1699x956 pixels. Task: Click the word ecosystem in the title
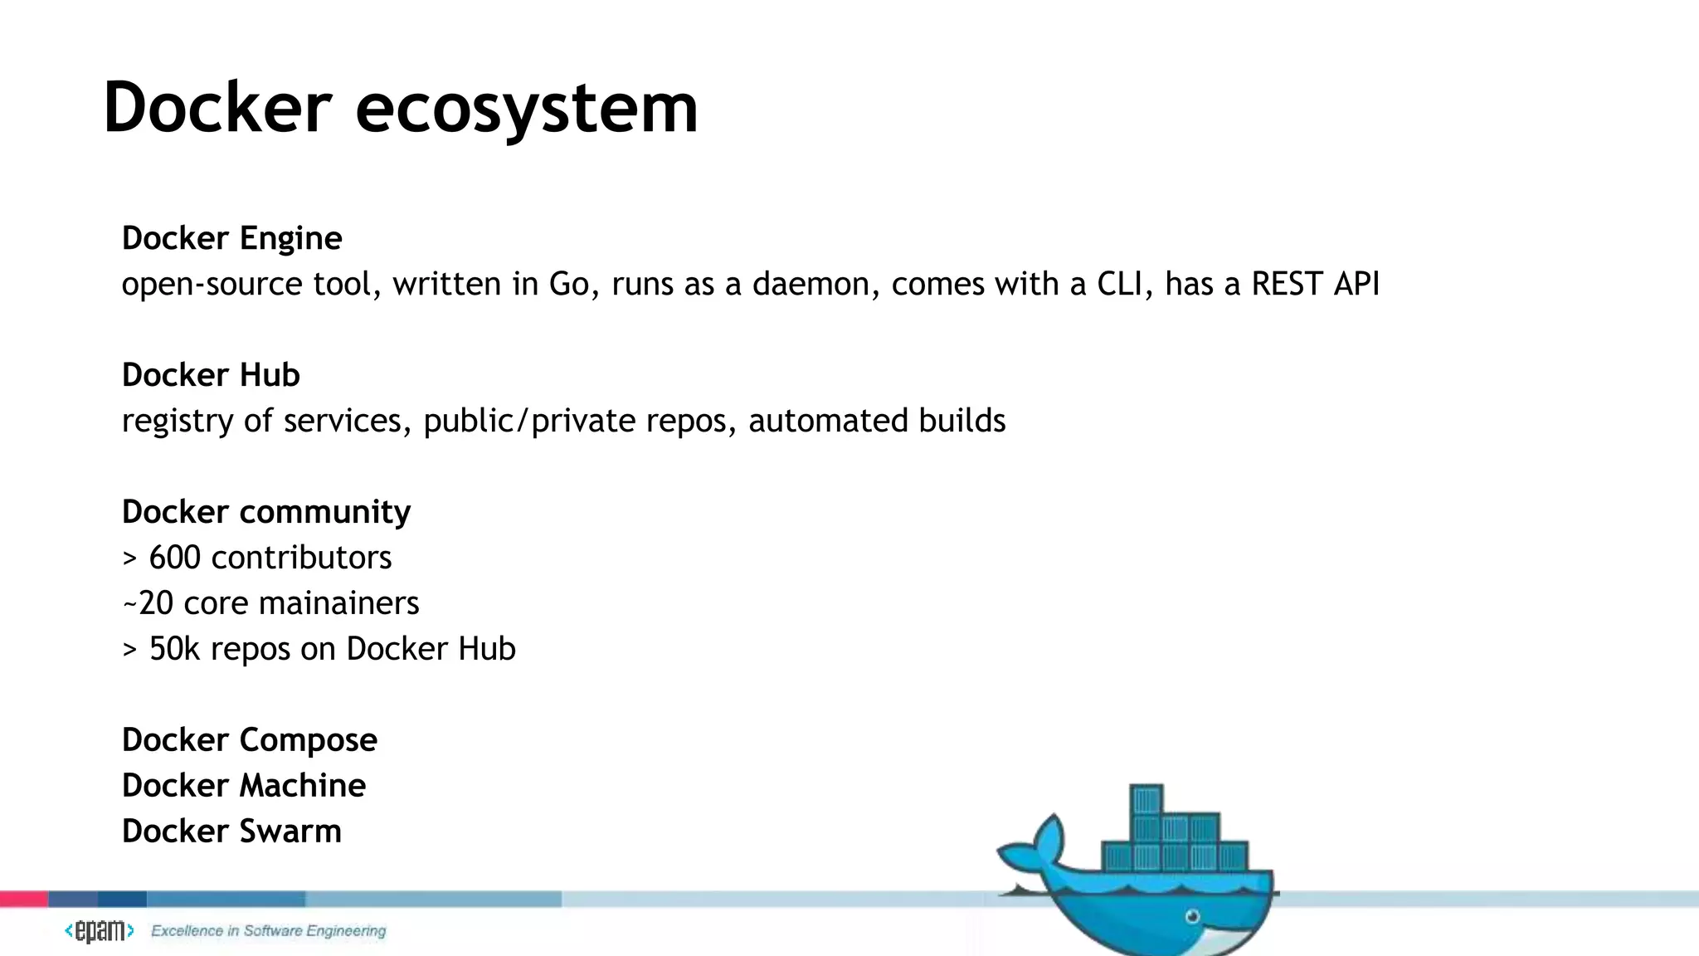point(527,110)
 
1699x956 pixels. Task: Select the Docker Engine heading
point(231,239)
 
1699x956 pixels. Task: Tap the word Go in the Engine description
point(569,285)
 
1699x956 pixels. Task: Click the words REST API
point(1315,285)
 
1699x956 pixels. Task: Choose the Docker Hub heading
point(211,375)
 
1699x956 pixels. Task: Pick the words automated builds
point(877,422)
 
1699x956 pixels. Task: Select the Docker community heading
point(265,512)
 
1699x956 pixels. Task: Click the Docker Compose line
point(249,740)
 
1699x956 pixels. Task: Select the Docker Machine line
point(243,786)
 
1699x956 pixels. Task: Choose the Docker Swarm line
point(231,832)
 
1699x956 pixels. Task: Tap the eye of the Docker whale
point(1192,917)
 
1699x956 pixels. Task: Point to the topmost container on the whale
point(1146,799)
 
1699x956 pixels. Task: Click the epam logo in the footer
point(100,931)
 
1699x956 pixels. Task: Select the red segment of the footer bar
point(23,899)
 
